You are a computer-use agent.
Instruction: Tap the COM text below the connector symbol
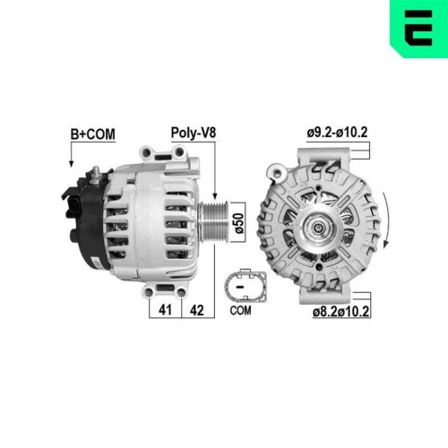pos(240,311)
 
